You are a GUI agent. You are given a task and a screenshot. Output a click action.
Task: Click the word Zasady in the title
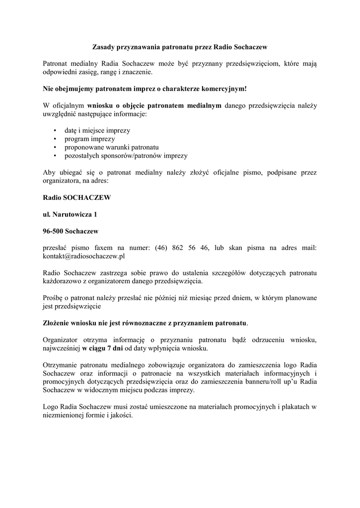tap(103, 47)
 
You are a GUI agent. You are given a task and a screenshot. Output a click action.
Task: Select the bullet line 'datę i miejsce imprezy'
tap(97, 130)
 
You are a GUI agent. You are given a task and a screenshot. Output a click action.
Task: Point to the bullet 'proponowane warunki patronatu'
tap(111, 147)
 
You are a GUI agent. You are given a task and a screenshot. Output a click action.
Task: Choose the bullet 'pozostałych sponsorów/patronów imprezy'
tap(126, 156)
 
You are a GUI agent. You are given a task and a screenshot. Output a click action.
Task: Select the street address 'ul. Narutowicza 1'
tap(70, 214)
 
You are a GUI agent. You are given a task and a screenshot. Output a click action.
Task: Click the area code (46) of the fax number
tap(160, 248)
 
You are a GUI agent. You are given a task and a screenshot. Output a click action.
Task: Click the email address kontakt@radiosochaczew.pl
tap(84, 256)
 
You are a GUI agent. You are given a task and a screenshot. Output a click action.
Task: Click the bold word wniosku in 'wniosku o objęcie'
tap(101, 106)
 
